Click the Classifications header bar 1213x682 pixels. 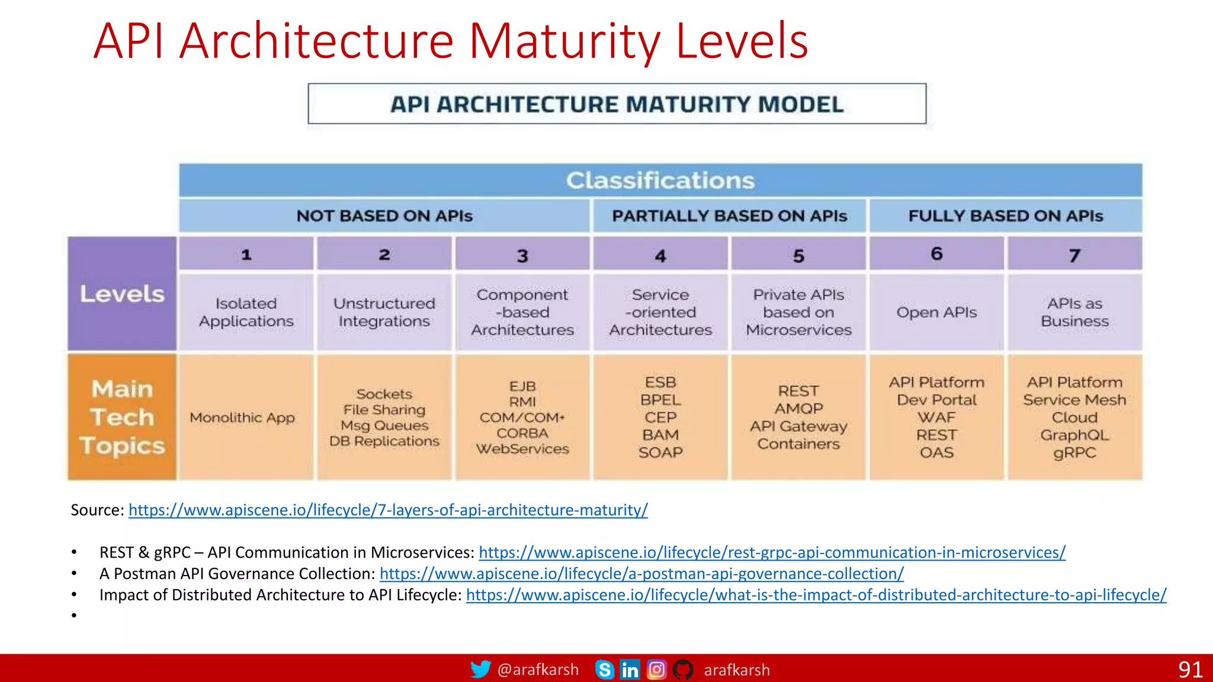[x=660, y=180]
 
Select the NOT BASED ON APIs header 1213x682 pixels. [x=384, y=215]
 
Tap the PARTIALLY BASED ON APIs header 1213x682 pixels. [x=729, y=215]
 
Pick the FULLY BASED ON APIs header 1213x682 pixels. [x=1005, y=215]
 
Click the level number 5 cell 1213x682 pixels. [x=798, y=255]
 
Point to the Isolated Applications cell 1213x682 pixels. [x=246, y=312]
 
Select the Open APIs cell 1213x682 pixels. [x=936, y=312]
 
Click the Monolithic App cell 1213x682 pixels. [x=242, y=417]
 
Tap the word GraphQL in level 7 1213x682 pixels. [x=1074, y=435]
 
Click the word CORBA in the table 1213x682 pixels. [x=522, y=433]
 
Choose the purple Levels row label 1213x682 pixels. [x=122, y=294]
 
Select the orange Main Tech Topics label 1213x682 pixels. [x=122, y=417]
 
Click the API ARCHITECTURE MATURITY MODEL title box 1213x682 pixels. [x=617, y=104]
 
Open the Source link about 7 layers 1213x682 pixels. [x=388, y=510]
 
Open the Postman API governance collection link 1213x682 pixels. [x=641, y=574]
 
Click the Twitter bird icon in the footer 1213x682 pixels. [x=480, y=670]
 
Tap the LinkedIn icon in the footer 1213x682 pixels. [x=630, y=670]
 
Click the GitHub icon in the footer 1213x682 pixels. [x=682, y=670]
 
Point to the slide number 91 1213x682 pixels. [x=1189, y=670]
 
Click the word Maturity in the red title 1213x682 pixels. [x=565, y=41]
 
